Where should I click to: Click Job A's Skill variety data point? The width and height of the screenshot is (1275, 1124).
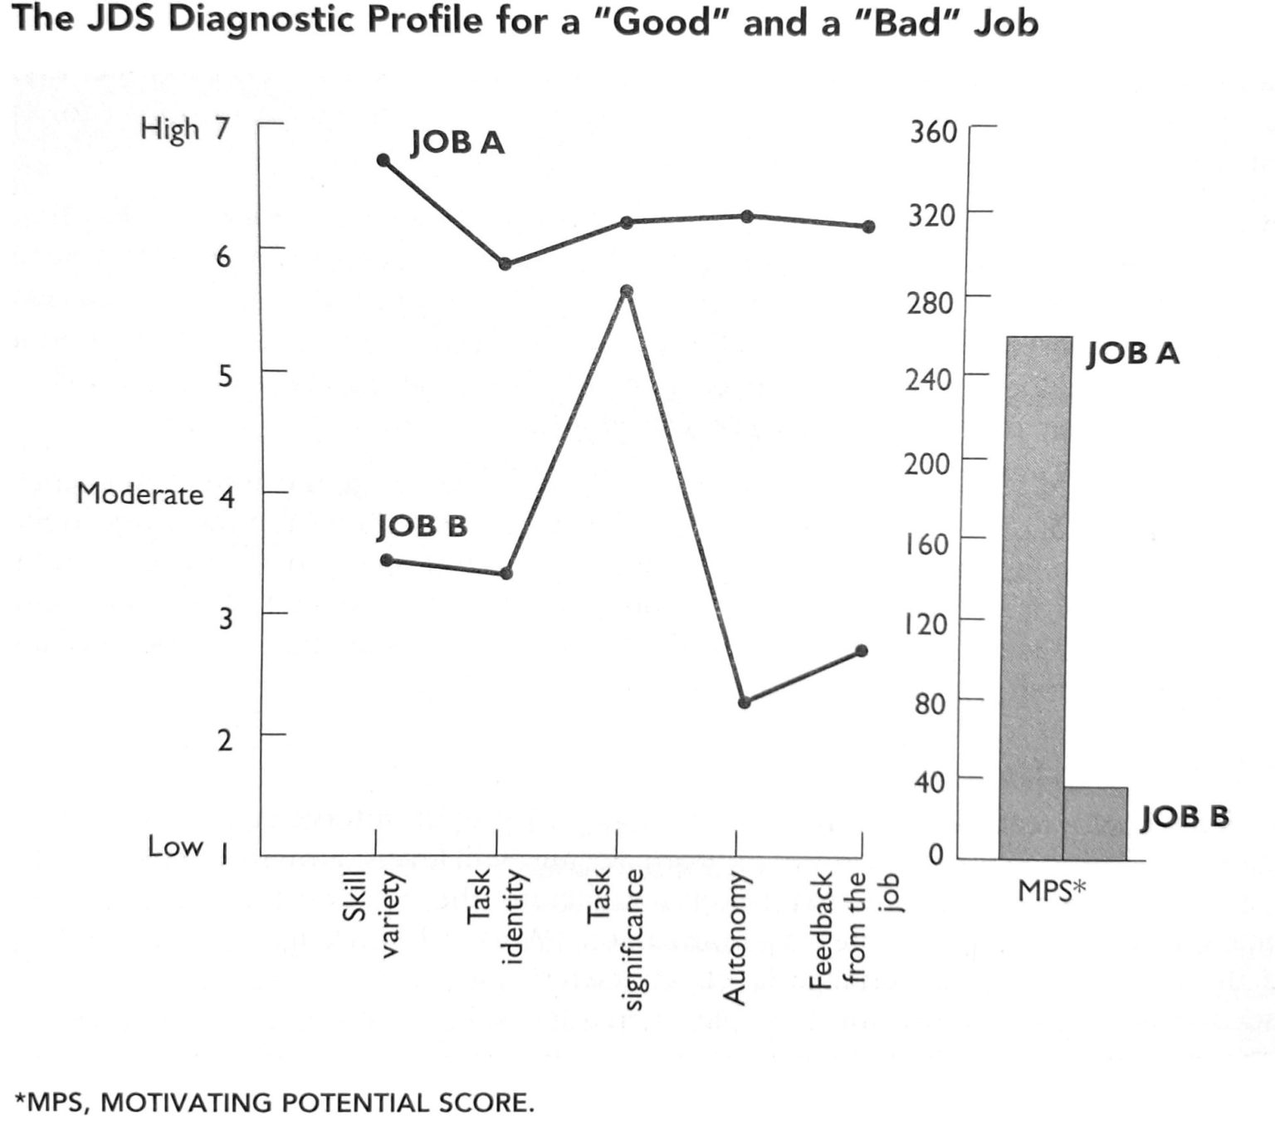pyautogui.click(x=383, y=160)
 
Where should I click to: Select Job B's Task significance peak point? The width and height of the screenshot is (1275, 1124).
pyautogui.click(x=627, y=291)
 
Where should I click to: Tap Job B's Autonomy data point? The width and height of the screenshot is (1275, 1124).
pyautogui.click(x=745, y=702)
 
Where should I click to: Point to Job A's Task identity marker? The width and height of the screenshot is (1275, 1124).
pyautogui.click(x=505, y=264)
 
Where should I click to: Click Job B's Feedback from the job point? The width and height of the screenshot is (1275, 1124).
pyautogui.click(x=862, y=651)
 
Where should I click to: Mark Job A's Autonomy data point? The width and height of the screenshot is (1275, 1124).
pyautogui.click(x=747, y=217)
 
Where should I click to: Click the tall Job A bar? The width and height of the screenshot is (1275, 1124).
pyautogui.click(x=1034, y=598)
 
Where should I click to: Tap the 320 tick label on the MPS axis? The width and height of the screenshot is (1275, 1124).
pyautogui.click(x=932, y=216)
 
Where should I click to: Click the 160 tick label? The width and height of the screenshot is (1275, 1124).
pyautogui.click(x=926, y=544)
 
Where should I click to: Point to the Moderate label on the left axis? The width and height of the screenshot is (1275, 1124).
pyautogui.click(x=139, y=494)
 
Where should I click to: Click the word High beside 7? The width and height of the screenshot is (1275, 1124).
pyautogui.click(x=169, y=130)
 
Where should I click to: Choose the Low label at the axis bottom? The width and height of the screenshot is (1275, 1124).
pyautogui.click(x=175, y=847)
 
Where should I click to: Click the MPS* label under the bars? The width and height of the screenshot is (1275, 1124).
pyautogui.click(x=1052, y=892)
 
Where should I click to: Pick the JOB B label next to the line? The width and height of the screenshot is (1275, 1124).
pyautogui.click(x=422, y=525)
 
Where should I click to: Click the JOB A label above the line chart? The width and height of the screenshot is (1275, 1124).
pyautogui.click(x=457, y=143)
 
